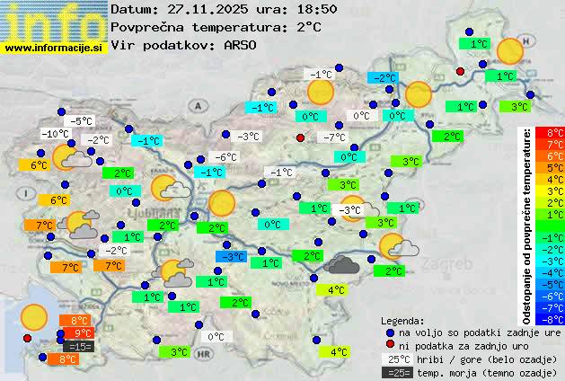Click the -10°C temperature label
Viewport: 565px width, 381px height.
pos(55,134)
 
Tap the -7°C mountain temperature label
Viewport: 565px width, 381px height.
pos(334,137)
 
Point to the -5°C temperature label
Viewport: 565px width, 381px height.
pos(80,121)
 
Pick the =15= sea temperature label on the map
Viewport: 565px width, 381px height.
pos(79,346)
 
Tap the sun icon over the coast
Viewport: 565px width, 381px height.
pos(34,316)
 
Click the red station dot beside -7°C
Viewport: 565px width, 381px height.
pos(300,137)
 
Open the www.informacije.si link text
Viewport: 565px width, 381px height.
pos(54,47)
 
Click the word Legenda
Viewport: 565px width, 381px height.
pos(402,320)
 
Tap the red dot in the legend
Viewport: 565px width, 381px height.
pos(389,345)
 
